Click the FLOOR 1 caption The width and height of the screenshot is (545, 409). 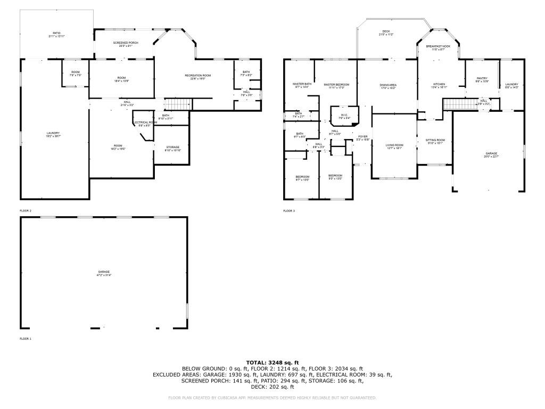[26, 339]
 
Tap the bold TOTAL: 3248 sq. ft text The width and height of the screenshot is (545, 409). [272, 362]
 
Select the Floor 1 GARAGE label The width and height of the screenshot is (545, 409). [103, 273]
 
